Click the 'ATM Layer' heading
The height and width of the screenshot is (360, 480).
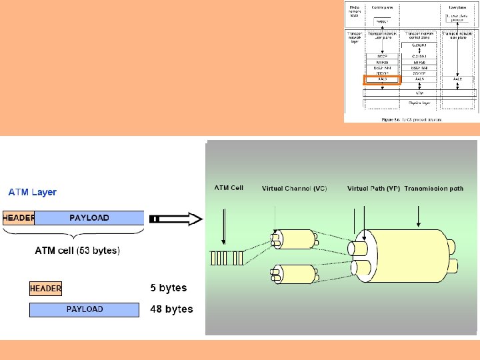coord(33,192)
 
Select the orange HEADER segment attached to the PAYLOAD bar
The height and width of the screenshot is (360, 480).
coord(18,218)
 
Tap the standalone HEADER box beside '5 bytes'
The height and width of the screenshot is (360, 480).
coord(46,289)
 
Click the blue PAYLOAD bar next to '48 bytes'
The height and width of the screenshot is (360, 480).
coord(85,309)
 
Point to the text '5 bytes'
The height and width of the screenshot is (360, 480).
coord(168,288)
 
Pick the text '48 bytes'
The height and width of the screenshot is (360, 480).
coord(171,309)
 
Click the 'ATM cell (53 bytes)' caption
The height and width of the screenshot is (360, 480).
coord(77,251)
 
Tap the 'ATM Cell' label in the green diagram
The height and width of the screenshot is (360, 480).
coord(229,188)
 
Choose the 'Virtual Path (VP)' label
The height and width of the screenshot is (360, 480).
coord(373,189)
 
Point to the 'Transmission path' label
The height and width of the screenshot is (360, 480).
coord(433,189)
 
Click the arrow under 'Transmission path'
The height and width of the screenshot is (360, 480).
coord(418,217)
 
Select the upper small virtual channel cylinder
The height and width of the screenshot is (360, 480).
coord(293,239)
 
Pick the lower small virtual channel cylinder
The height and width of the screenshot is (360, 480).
coord(293,275)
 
